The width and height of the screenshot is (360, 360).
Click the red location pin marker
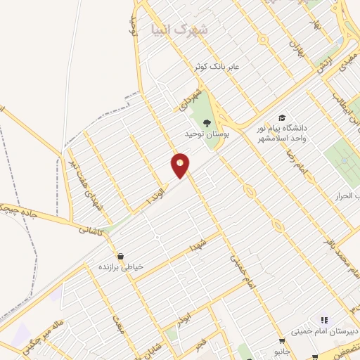click(x=181, y=165)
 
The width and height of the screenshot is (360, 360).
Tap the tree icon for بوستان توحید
click(x=206, y=124)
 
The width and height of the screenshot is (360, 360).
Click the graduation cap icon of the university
click(x=281, y=118)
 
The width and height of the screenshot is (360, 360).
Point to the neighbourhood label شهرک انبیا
click(x=179, y=30)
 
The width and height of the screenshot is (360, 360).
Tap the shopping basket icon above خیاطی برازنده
click(x=121, y=257)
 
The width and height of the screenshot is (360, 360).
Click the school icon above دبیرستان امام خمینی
click(x=323, y=320)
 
